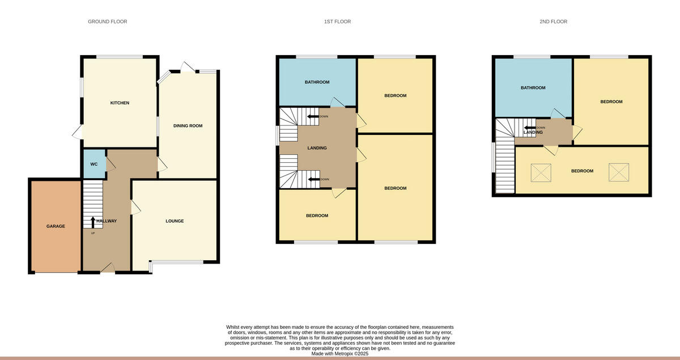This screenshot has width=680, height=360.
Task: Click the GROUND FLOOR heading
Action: pyautogui.click(x=107, y=22)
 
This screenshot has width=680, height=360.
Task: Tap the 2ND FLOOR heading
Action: pyautogui.click(x=553, y=22)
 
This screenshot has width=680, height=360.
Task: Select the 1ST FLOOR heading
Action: pyautogui.click(x=337, y=22)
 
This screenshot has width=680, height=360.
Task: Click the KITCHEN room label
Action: pyautogui.click(x=120, y=103)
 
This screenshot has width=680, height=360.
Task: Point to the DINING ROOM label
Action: pyautogui.click(x=188, y=126)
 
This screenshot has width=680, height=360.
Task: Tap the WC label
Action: pyautogui.click(x=94, y=164)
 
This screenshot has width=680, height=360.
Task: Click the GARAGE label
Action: pyautogui.click(x=56, y=226)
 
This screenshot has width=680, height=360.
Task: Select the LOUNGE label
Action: pyautogui.click(x=175, y=221)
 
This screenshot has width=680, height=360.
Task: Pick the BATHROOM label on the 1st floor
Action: pyautogui.click(x=317, y=82)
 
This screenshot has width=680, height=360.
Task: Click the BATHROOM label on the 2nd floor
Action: pyautogui.click(x=533, y=88)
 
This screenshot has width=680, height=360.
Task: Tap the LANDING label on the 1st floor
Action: pyautogui.click(x=317, y=148)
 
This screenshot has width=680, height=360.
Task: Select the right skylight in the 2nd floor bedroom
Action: pyautogui.click(x=619, y=172)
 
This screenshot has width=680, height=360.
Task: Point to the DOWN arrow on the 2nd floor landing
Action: pyautogui.click(x=530, y=128)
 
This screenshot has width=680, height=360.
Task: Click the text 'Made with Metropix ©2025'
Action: pyautogui.click(x=340, y=354)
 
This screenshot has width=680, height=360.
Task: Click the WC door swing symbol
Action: pyautogui.click(x=110, y=163)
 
